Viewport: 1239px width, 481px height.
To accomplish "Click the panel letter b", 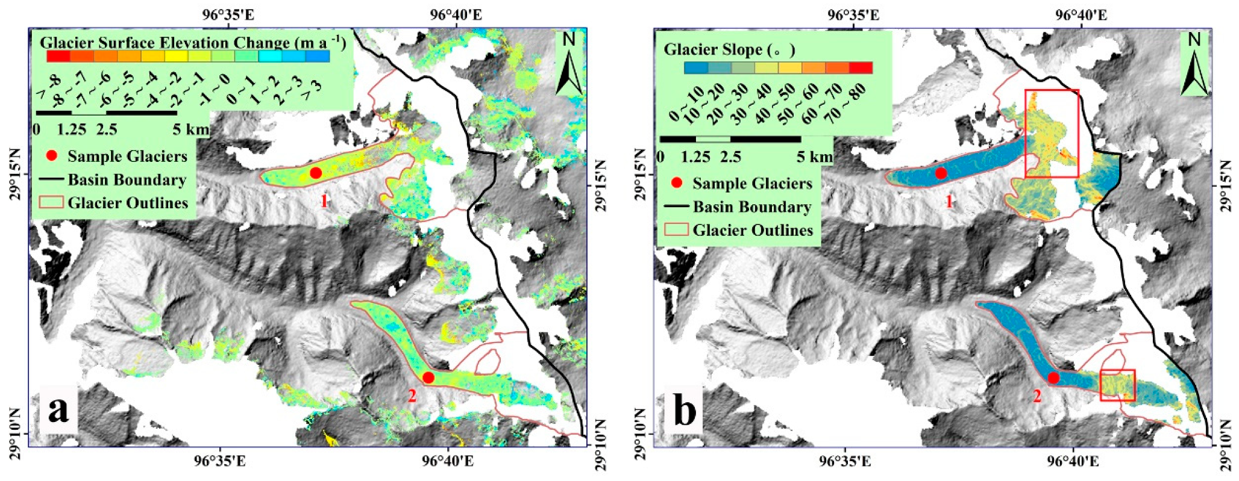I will tap(684, 412).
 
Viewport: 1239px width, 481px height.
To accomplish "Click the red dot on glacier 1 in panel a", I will tap(315, 173).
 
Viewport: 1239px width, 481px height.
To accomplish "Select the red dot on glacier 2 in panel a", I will tap(428, 377).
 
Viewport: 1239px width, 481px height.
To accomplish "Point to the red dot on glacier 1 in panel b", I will tap(941, 173).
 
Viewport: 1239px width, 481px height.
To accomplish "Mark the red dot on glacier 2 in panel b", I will tap(1053, 377).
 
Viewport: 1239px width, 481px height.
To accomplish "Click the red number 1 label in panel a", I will tap(324, 201).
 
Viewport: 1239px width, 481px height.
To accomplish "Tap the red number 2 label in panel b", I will tap(1037, 396).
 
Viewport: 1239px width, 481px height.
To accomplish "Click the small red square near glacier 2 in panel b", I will tap(1117, 385).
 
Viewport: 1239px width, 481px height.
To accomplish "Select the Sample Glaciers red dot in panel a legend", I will tap(52, 156).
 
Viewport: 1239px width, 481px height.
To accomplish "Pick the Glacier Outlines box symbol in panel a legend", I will tap(52, 202).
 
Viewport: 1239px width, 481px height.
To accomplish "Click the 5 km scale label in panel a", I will tap(190, 129).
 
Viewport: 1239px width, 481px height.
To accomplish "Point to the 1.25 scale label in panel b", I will tap(696, 157).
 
